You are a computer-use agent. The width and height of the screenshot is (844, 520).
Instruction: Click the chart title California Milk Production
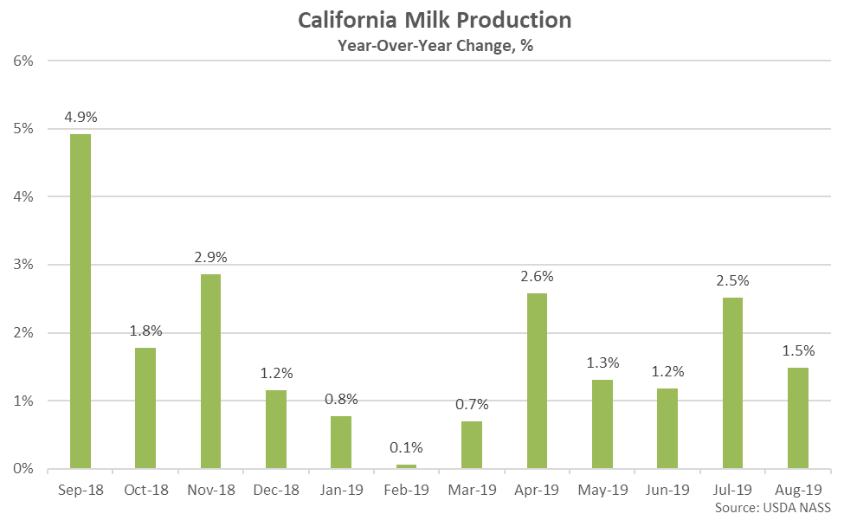pos(435,21)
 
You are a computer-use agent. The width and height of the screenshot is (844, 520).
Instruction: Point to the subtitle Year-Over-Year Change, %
pos(435,46)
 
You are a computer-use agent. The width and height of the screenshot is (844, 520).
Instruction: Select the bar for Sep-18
pos(81,301)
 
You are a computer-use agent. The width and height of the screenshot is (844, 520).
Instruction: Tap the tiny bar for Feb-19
pos(406,466)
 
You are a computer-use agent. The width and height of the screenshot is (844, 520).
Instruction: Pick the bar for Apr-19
pos(538,381)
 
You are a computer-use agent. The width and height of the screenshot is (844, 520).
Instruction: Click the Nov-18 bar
pos(211,371)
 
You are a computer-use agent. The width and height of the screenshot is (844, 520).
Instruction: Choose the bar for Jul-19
pos(732,383)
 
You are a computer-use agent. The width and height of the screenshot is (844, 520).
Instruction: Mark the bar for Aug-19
pos(798,418)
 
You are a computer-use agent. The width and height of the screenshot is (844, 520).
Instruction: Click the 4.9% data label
pos(81,117)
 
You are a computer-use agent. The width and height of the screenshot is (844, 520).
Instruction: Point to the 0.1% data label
pos(406,447)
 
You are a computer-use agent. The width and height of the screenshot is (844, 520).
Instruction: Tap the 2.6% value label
pos(538,276)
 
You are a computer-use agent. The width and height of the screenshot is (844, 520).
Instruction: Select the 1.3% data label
pos(602,363)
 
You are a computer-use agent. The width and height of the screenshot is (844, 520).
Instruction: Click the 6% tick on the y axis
pos(23,61)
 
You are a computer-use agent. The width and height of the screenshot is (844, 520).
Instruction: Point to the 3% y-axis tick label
pos(23,265)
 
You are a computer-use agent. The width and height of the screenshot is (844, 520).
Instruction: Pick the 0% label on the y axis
pos(23,469)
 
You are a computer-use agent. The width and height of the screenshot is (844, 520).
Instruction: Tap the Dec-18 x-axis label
pos(276,490)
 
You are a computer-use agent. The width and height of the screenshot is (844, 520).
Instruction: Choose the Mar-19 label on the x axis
pos(472,490)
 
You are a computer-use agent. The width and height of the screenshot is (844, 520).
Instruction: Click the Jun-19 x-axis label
pos(667,490)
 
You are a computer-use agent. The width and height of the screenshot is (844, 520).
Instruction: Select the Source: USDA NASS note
pos(773,508)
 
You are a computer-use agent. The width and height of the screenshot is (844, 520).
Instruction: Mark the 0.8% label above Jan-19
pos(341,399)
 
